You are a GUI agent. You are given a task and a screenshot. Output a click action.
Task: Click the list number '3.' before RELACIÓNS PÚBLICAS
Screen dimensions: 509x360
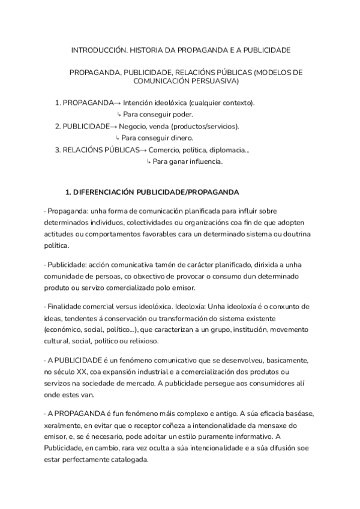click(58, 150)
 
